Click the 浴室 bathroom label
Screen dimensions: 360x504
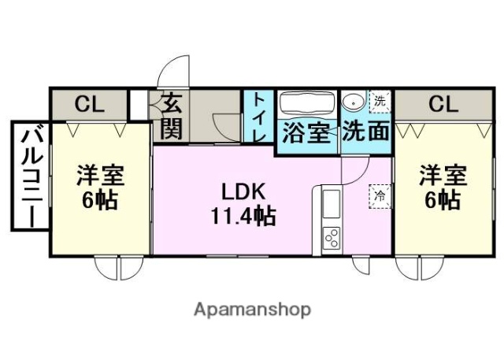pyautogui.click(x=306, y=132)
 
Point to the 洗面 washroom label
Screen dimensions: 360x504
pyautogui.click(x=367, y=132)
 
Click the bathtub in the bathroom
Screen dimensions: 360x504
pyautogui.click(x=307, y=106)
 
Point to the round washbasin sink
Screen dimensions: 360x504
pyautogui.click(x=354, y=102)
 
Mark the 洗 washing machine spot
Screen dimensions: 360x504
pyautogui.click(x=380, y=100)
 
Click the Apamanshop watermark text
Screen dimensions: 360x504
pyautogui.click(x=251, y=309)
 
